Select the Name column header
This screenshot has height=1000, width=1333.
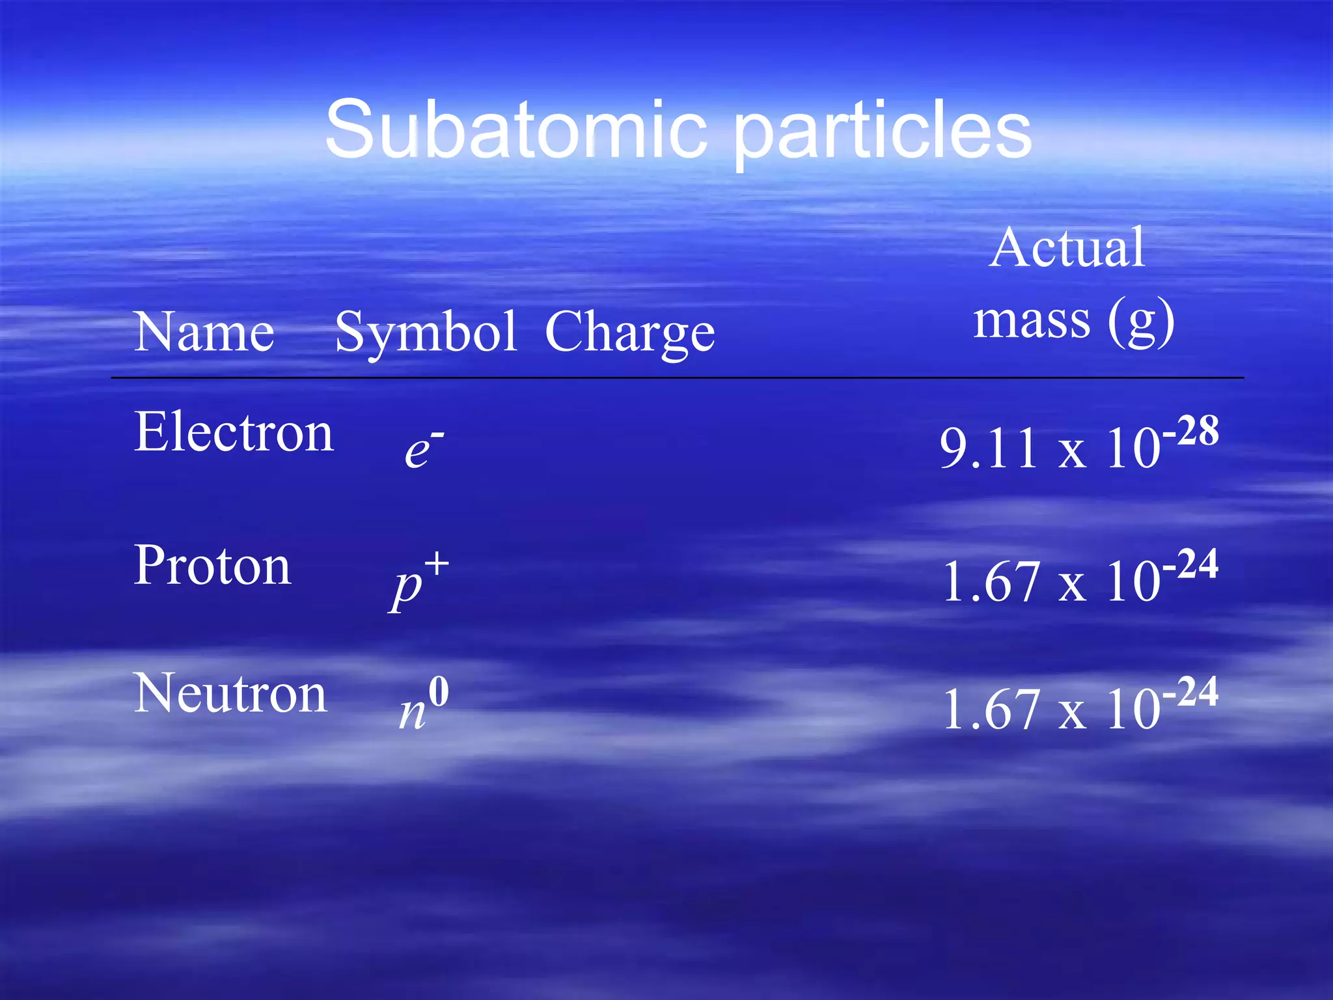click(x=204, y=332)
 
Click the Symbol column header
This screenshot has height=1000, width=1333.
click(x=426, y=333)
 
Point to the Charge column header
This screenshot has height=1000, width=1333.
click(x=629, y=333)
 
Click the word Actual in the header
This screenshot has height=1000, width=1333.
click(x=1066, y=248)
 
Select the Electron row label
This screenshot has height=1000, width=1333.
click(x=234, y=432)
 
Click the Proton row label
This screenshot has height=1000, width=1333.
click(x=212, y=566)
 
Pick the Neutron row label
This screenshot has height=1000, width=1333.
click(x=230, y=694)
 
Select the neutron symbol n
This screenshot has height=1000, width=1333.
click(x=412, y=713)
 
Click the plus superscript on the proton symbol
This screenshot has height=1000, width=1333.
click(x=437, y=564)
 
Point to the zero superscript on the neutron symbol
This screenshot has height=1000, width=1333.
click(x=439, y=692)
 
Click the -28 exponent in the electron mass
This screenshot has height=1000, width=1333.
click(x=1190, y=431)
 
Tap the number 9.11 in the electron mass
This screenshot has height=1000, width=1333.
click(x=989, y=449)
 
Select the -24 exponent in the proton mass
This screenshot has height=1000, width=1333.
click(x=1190, y=564)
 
